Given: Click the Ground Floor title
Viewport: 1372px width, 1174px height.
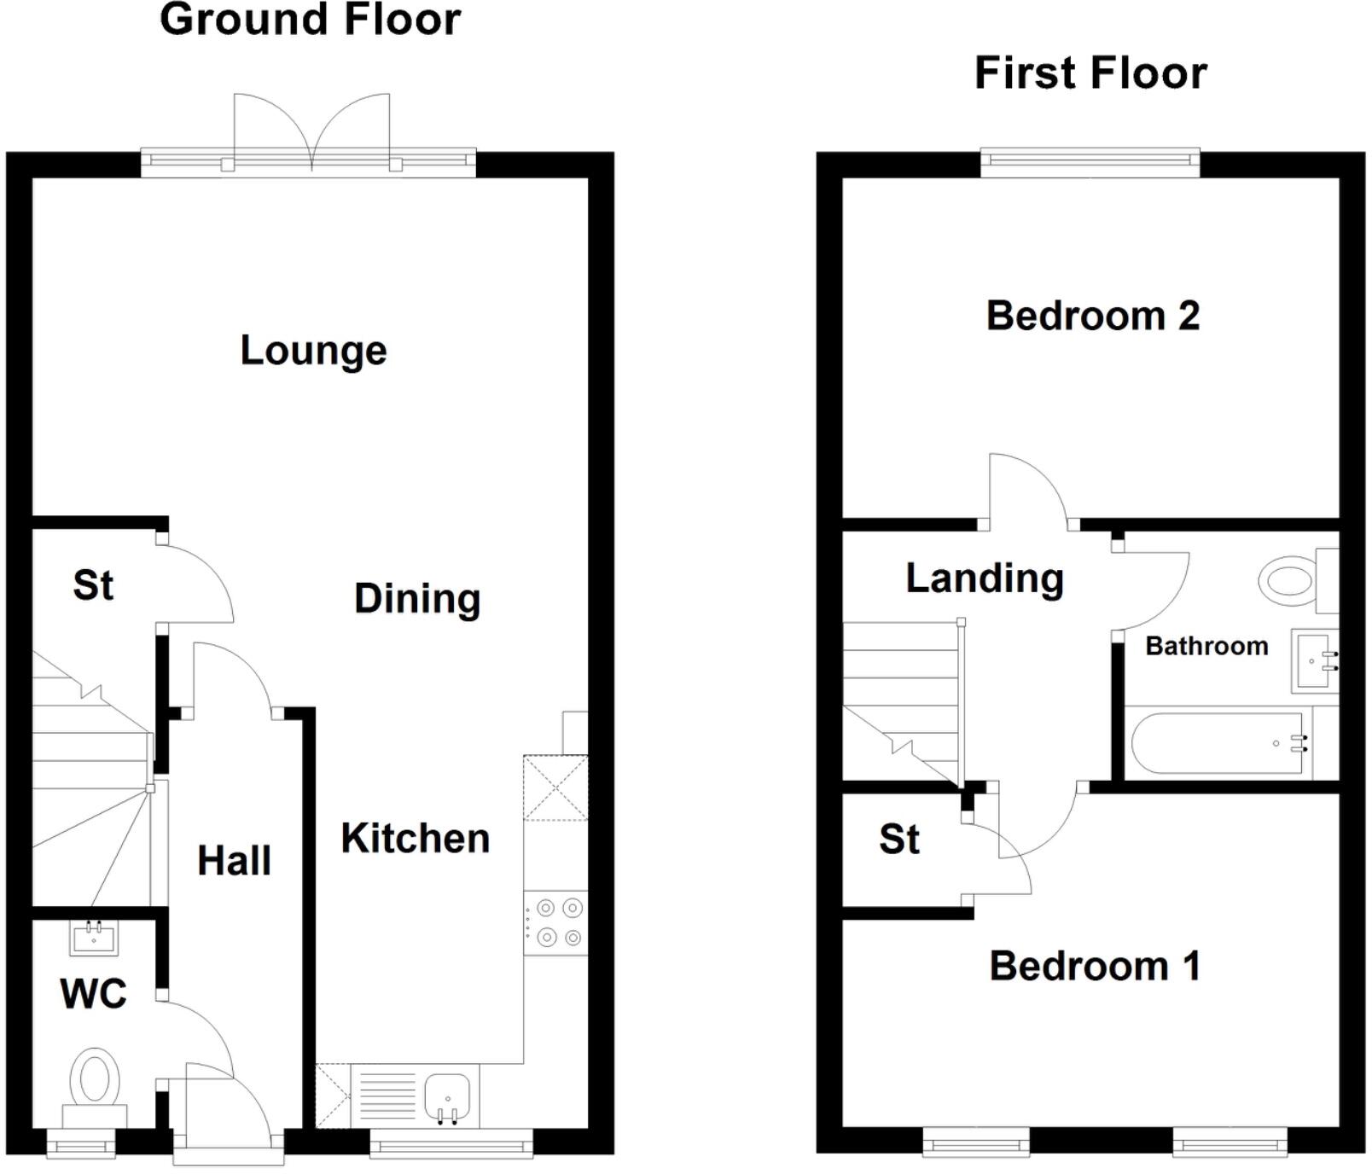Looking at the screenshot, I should click(x=311, y=20).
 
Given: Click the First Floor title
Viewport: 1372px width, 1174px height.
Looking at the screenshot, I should click(x=1090, y=73).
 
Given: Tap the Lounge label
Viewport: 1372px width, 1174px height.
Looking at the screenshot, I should click(x=313, y=351).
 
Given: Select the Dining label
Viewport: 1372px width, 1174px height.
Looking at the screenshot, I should click(x=417, y=598).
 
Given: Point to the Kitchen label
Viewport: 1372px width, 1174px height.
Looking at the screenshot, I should click(x=416, y=839).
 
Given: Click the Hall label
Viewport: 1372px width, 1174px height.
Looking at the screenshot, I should click(x=234, y=860).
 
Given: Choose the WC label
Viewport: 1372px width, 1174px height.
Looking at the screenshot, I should click(x=93, y=993).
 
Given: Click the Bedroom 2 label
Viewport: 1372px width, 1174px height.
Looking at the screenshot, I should click(x=1092, y=316).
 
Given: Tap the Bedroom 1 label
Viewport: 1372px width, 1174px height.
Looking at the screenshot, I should click(x=1095, y=967).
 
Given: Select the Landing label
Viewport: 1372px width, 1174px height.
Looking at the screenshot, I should click(x=985, y=578).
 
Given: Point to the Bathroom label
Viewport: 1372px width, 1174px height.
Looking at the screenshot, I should click(x=1206, y=646).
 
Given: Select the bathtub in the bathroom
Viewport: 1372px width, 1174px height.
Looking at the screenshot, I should click(x=1220, y=743).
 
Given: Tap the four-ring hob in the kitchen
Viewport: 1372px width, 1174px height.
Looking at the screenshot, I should click(x=555, y=923).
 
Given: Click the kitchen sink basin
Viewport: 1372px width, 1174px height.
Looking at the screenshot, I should click(x=447, y=1096).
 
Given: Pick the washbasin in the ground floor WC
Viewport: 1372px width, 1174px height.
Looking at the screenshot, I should click(x=94, y=939).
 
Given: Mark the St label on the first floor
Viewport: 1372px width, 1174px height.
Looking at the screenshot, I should click(x=899, y=840).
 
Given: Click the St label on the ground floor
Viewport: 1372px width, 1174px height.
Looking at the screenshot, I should click(x=92, y=585).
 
